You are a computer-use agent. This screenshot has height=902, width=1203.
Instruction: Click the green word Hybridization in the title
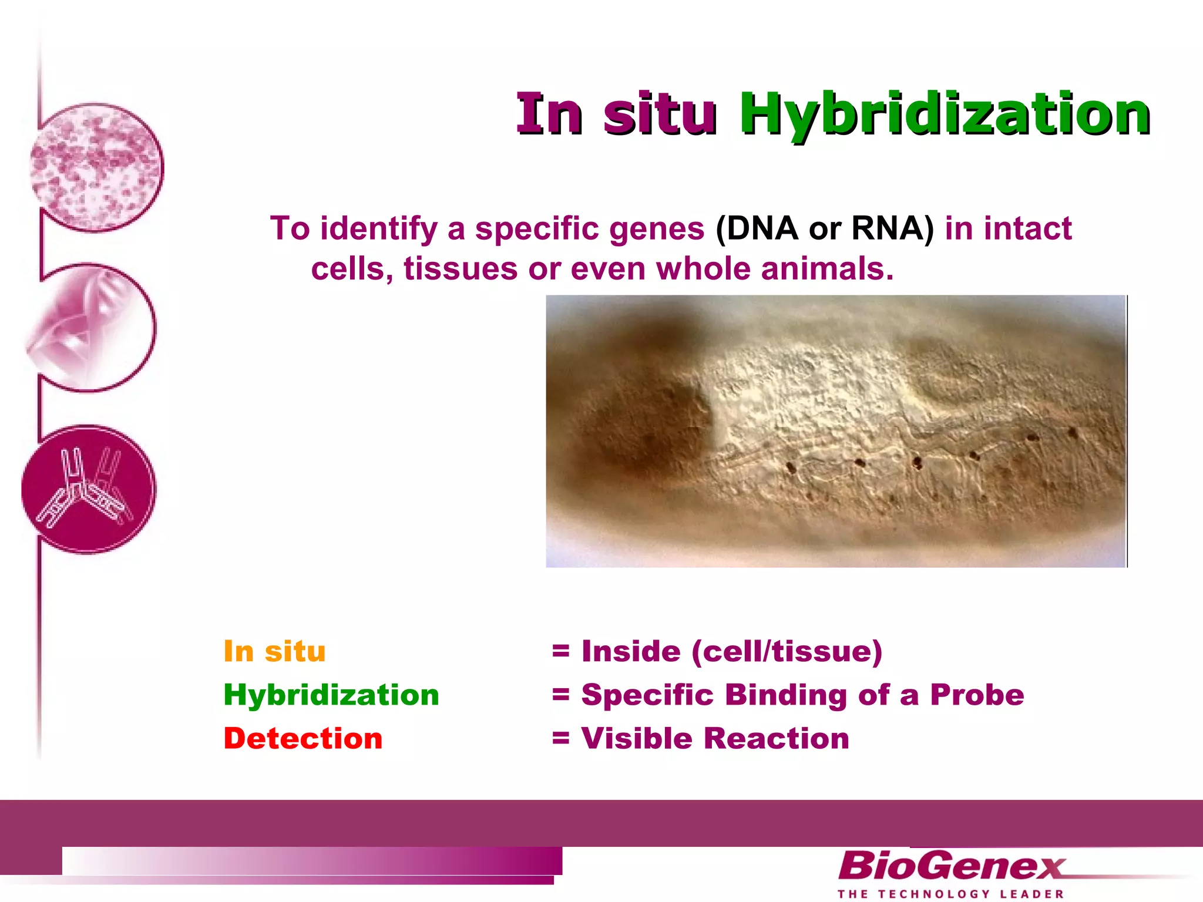(945, 115)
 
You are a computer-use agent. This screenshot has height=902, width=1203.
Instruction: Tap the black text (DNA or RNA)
(824, 228)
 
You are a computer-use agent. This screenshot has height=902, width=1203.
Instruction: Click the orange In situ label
(274, 651)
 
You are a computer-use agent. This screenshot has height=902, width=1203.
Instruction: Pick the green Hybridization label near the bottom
(331, 695)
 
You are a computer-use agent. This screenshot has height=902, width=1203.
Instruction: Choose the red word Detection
(303, 738)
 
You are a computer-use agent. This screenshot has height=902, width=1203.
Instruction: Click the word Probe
(977, 695)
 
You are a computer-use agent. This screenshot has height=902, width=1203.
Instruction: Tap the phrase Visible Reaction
(715, 738)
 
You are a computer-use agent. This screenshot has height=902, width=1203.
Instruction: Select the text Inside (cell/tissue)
(731, 651)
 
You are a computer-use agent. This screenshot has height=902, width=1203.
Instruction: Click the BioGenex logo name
(950, 866)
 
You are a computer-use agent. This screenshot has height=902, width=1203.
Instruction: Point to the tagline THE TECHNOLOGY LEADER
(950, 894)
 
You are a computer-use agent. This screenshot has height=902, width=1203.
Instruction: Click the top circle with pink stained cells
(96, 167)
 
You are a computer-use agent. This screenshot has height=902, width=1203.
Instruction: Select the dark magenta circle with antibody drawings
(88, 489)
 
